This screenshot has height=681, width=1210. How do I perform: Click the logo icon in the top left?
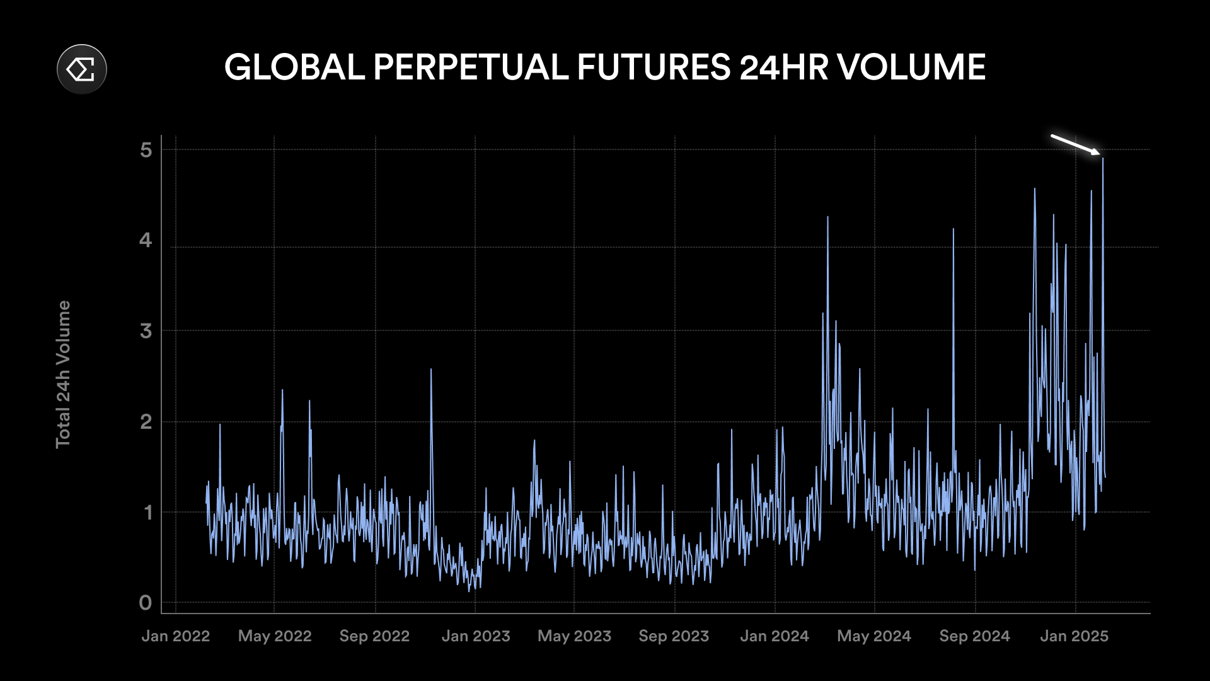pyautogui.click(x=82, y=69)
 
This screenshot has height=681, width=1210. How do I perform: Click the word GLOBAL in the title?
pyautogui.click(x=294, y=67)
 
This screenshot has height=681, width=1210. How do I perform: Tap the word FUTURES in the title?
pyautogui.click(x=653, y=67)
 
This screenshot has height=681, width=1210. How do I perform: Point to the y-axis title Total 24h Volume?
pyautogui.click(x=63, y=375)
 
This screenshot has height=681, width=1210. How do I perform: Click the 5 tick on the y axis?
pyautogui.click(x=146, y=150)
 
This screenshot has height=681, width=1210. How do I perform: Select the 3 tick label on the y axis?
pyautogui.click(x=146, y=331)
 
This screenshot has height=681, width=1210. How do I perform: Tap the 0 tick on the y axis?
pyautogui.click(x=146, y=603)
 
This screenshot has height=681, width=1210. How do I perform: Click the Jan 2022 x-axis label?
pyautogui.click(x=175, y=636)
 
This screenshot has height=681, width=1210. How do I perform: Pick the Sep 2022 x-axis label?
pyautogui.click(x=374, y=636)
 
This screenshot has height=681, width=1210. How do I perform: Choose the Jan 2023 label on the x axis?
pyautogui.click(x=476, y=636)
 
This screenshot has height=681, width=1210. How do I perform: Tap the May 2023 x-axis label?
pyautogui.click(x=574, y=636)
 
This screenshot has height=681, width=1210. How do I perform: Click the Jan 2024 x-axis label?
pyautogui.click(x=775, y=636)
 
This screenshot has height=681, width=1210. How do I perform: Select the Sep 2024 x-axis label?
pyautogui.click(x=974, y=636)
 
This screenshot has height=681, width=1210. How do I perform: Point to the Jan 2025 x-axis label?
pyautogui.click(x=1074, y=636)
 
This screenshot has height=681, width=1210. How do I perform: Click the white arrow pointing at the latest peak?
pyautogui.click(x=1075, y=144)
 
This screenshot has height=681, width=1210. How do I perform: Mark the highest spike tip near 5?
pyautogui.click(x=1103, y=159)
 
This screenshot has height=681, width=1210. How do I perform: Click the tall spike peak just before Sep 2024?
pyautogui.click(x=954, y=230)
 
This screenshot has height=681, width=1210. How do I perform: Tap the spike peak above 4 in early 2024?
pyautogui.click(x=828, y=218)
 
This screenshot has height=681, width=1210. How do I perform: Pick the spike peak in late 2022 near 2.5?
pyautogui.click(x=431, y=370)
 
